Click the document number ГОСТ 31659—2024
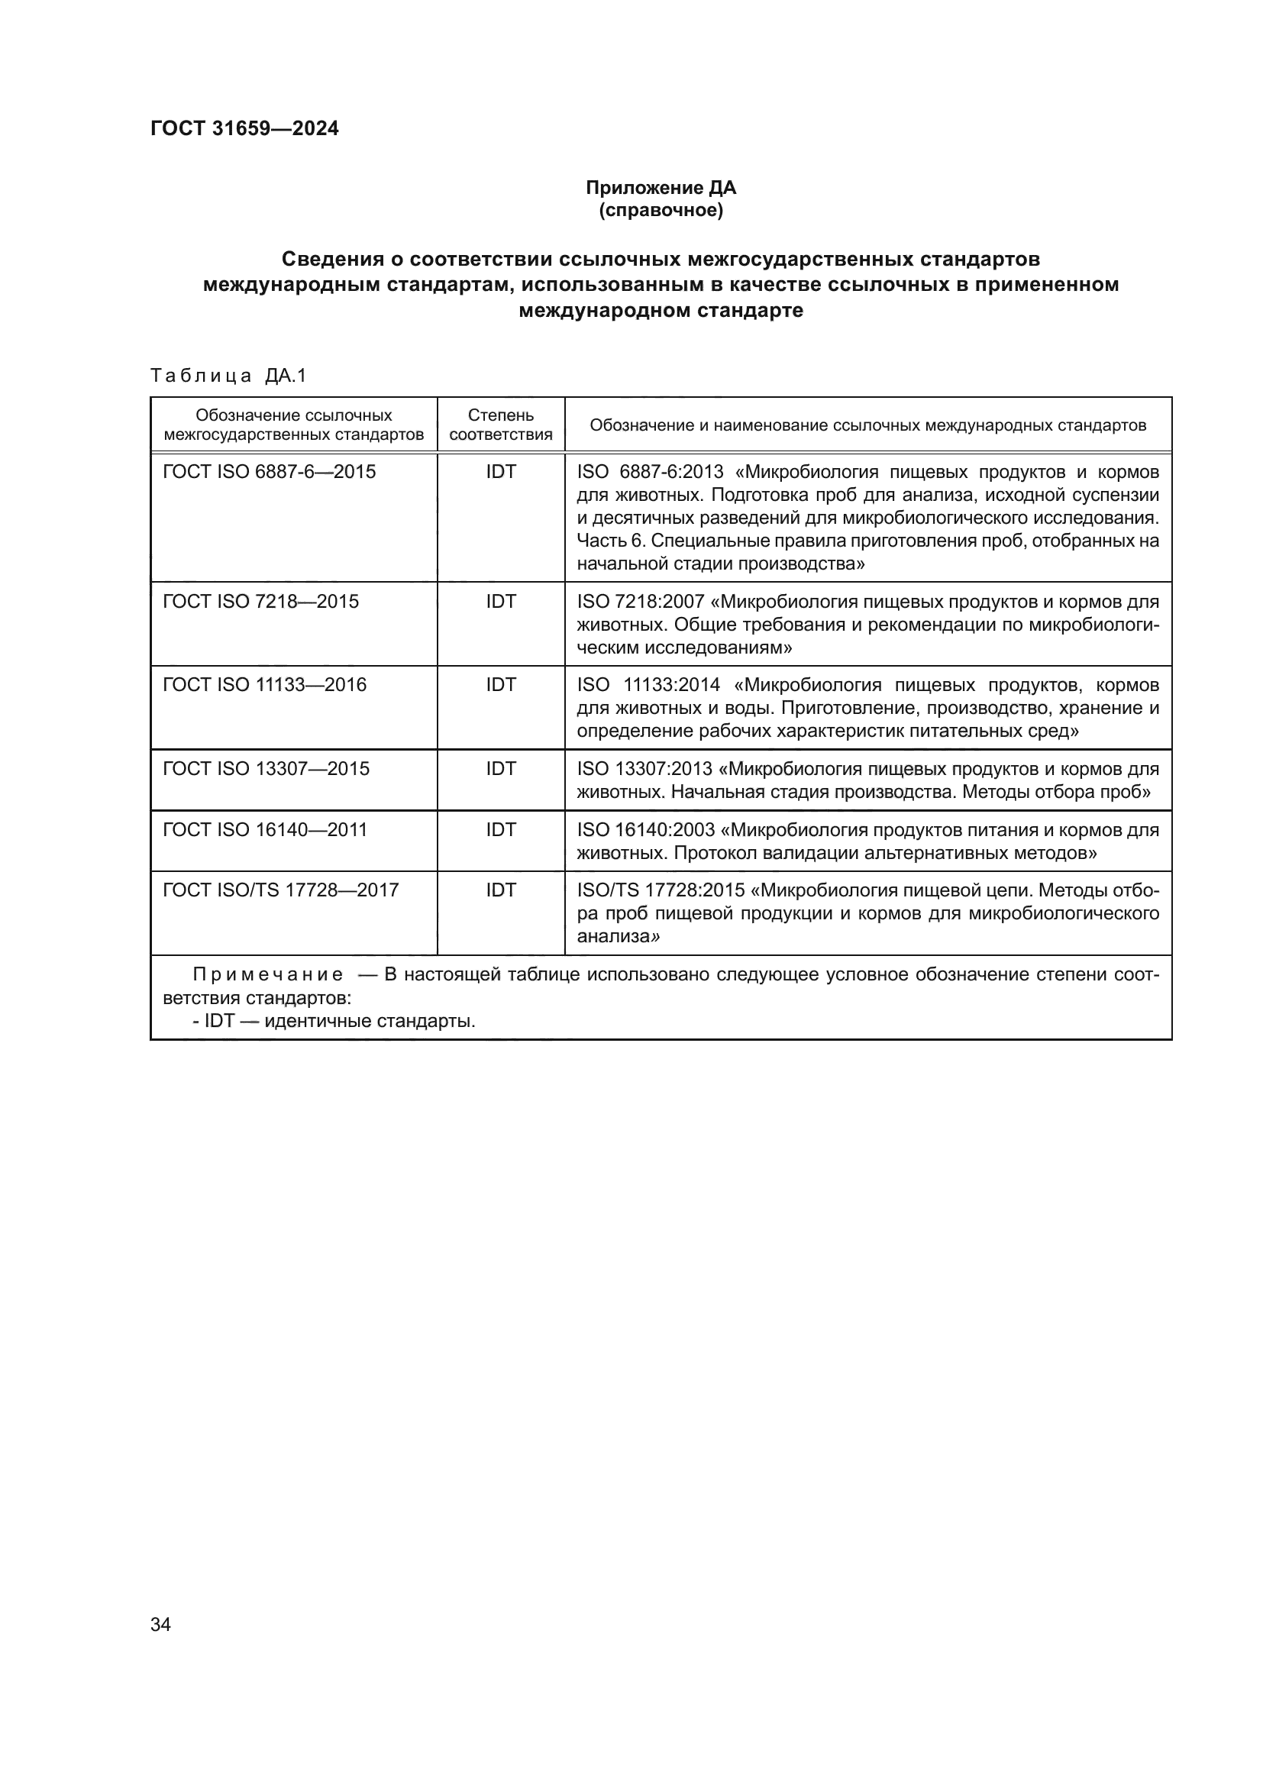[x=244, y=128]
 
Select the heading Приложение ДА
[x=661, y=188]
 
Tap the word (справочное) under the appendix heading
[x=661, y=210]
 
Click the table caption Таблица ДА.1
[x=228, y=376]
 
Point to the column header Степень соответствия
[x=500, y=425]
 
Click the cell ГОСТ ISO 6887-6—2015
[x=269, y=472]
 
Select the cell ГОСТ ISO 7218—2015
[x=260, y=601]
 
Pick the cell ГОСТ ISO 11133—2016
[x=264, y=684]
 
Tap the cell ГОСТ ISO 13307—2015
[x=266, y=769]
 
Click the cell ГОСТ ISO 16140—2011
[x=264, y=829]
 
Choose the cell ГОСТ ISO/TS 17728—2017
[x=281, y=890]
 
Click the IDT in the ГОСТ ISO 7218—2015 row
[x=500, y=601]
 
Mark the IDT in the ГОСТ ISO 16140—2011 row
[x=500, y=829]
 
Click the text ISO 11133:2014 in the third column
[x=648, y=684]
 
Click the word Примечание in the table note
[x=267, y=974]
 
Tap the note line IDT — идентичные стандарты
[x=334, y=1021]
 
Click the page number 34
[x=160, y=1624]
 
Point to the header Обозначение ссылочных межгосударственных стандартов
[x=294, y=425]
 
